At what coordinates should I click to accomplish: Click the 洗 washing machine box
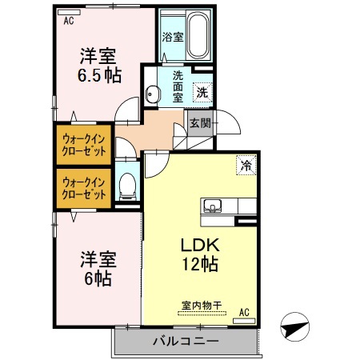coord(203,92)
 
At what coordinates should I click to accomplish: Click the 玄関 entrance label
coord(200,123)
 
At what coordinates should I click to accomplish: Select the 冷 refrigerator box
coord(246,166)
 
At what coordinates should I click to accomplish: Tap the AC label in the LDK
coord(243,312)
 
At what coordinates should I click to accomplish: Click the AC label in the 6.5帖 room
coord(69,21)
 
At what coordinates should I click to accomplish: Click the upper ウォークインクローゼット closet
coord(84,145)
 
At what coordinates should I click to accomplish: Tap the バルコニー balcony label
coord(185,342)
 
